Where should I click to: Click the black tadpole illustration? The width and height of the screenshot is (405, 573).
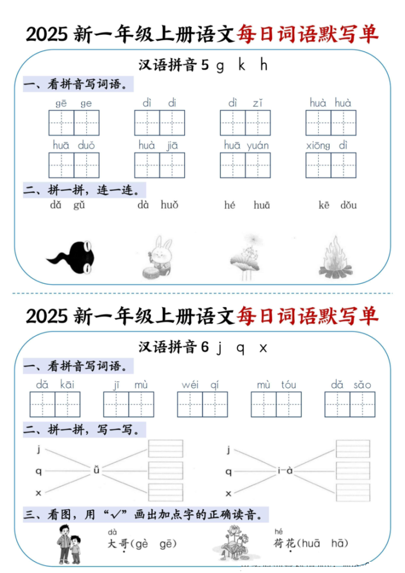pyautogui.click(x=72, y=258)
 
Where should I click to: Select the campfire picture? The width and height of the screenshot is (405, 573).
pyautogui.click(x=337, y=258)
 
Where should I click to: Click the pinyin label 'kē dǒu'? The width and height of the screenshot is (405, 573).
pyautogui.click(x=337, y=205)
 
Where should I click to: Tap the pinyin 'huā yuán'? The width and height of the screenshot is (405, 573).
pyautogui.click(x=246, y=145)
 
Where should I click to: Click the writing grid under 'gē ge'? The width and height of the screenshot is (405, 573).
pyautogui.click(x=74, y=123)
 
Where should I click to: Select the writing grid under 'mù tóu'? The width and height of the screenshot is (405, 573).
pyautogui.click(x=276, y=404)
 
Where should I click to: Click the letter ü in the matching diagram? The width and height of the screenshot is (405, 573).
pyautogui.click(x=96, y=470)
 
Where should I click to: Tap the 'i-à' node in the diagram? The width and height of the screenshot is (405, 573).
pyautogui.click(x=285, y=470)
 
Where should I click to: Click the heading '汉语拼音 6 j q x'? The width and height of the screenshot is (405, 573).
pyautogui.click(x=203, y=347)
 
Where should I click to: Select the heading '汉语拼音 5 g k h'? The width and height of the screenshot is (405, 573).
pyautogui.click(x=203, y=65)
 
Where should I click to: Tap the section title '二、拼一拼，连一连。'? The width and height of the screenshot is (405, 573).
pyautogui.click(x=81, y=190)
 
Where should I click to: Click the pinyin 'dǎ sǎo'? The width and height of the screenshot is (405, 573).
pyautogui.click(x=350, y=385)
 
